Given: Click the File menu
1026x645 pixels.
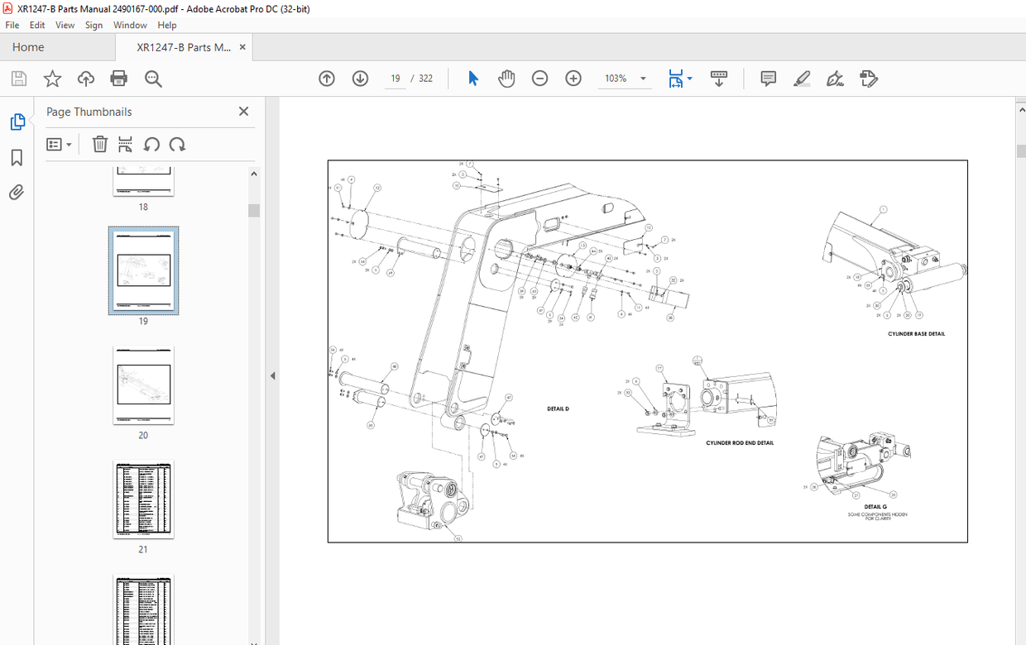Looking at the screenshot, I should click(x=12, y=25).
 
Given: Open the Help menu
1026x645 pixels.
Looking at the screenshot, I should click(x=167, y=25).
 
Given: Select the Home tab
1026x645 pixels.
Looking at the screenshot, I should click(x=28, y=47).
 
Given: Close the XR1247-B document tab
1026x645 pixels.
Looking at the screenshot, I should click(x=242, y=47).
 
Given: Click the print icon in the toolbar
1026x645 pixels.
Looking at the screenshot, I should click(x=119, y=79).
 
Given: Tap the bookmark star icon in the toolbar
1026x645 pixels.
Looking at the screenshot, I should click(x=52, y=79).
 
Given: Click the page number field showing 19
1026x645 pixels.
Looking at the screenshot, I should click(x=396, y=79).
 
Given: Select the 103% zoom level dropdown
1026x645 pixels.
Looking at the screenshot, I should click(x=624, y=79).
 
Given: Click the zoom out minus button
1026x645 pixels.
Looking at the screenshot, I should click(x=539, y=79).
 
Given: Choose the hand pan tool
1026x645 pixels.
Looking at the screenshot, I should click(x=506, y=79).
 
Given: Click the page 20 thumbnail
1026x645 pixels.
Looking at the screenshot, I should click(x=143, y=385).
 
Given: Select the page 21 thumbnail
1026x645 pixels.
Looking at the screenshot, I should click(x=143, y=499).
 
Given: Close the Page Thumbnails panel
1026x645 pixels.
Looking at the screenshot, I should click(x=243, y=112).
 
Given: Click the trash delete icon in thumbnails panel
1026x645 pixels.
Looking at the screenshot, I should click(x=99, y=145).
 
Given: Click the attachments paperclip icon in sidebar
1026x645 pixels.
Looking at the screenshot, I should click(x=17, y=193).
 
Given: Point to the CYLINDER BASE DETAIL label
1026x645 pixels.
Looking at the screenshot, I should click(x=916, y=334).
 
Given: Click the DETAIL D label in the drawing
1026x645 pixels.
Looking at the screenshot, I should click(x=558, y=409).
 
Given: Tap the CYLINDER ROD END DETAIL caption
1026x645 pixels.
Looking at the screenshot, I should click(x=740, y=443).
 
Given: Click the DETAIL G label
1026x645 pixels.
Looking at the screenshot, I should click(x=875, y=507).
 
